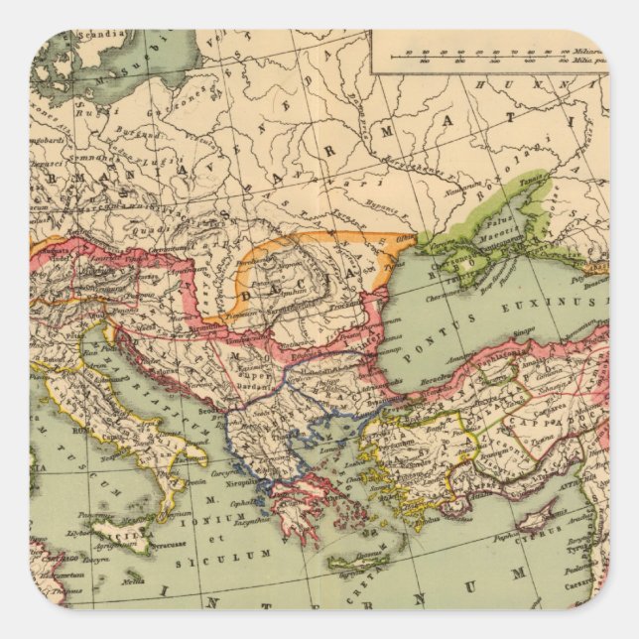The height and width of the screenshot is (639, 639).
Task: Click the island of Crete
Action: coord(357,562)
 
